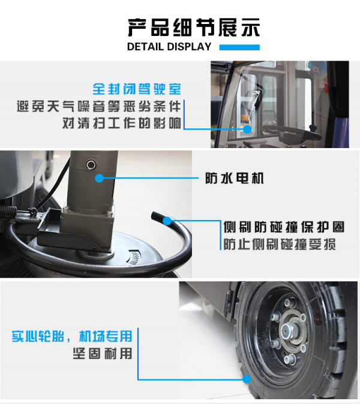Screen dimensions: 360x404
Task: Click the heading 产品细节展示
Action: point(194,28)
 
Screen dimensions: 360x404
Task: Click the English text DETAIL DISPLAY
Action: point(169,47)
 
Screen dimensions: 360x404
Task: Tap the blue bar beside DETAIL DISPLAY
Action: point(239,47)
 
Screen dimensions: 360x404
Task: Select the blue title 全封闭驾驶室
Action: point(137,89)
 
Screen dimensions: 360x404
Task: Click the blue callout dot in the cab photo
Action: point(247,129)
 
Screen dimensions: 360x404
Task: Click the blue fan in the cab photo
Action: point(317,68)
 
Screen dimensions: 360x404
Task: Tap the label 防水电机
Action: point(235,178)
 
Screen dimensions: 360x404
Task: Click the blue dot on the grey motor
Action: point(99,178)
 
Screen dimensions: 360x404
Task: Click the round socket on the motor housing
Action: point(91,165)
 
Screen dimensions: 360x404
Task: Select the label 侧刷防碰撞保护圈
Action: point(284,227)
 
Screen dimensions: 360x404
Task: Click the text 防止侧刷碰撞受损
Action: point(280,244)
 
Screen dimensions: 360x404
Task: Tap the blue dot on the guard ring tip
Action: point(167,221)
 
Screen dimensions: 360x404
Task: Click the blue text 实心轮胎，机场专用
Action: point(71,336)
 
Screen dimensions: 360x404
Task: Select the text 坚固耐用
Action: point(103,354)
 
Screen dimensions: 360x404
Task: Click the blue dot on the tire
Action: point(247,379)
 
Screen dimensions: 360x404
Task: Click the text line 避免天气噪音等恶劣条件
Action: point(99,106)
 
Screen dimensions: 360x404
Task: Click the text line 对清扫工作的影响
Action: point(122,123)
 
